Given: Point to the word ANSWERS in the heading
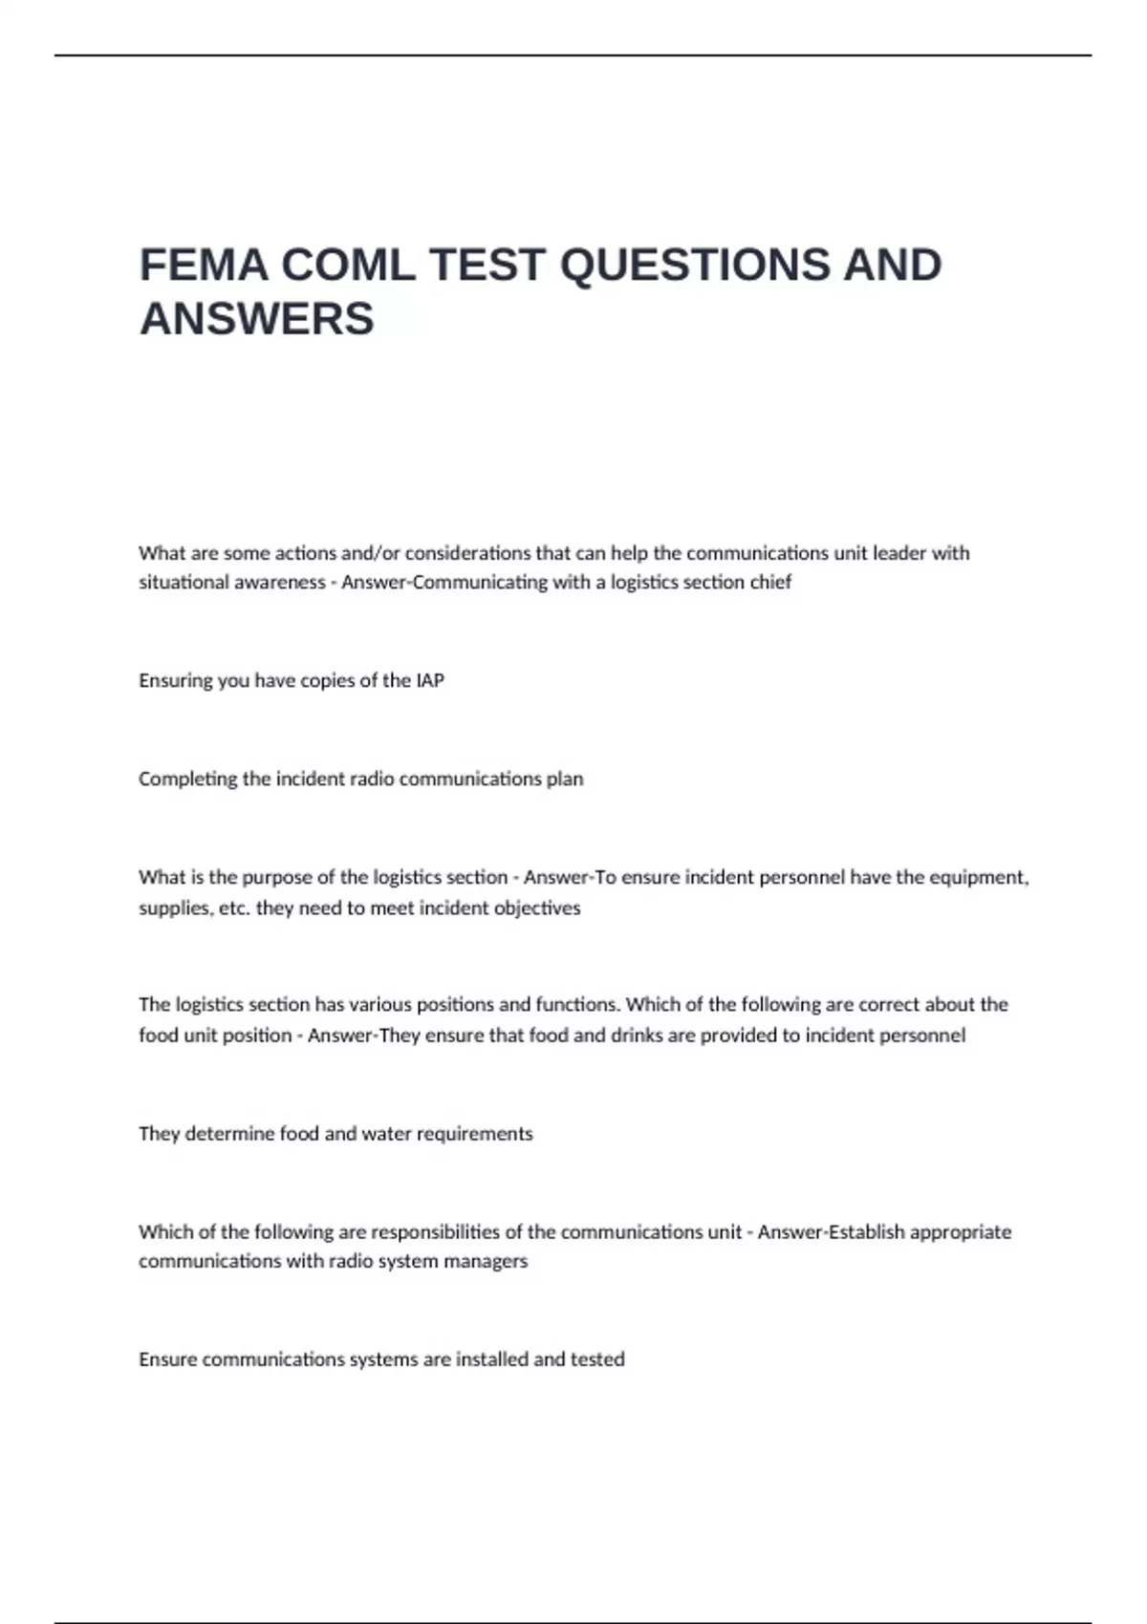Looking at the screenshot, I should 257,319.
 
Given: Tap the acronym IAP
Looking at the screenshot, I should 430,681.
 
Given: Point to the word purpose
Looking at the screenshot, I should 272,878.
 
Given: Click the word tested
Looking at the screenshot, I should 597,1360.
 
